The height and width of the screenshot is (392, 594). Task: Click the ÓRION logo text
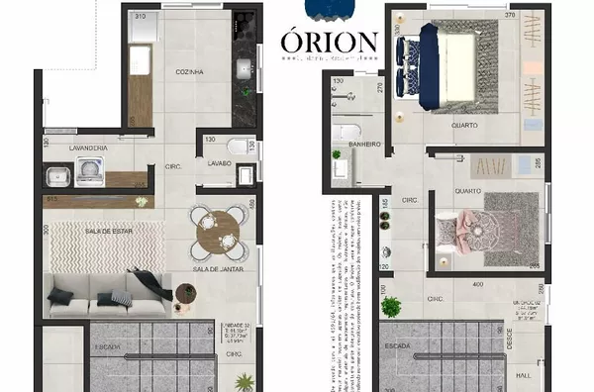328,43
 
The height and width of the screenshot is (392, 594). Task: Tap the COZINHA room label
189,72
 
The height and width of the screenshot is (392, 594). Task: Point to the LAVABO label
220,162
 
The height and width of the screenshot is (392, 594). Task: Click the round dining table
217,232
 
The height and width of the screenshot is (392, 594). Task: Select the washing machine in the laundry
92,171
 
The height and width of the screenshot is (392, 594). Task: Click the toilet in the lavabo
245,174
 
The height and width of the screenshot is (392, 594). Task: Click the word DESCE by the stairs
511,340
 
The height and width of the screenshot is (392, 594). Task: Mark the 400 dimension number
480,284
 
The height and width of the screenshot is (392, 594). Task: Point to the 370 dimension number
511,16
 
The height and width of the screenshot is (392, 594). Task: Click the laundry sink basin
56,176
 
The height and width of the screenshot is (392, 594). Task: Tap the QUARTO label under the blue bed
465,126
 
